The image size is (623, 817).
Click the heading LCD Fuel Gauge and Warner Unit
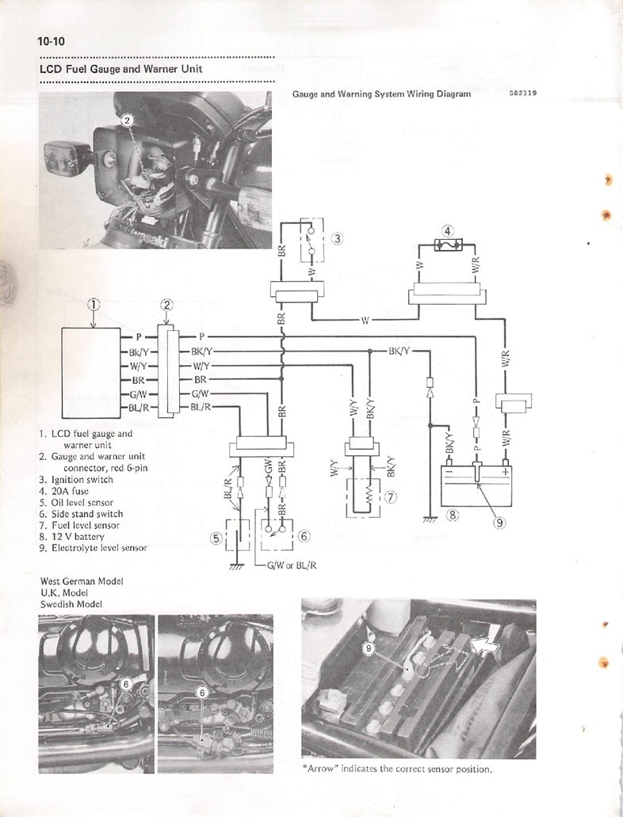(x=120, y=69)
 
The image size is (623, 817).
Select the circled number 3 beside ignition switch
(x=336, y=237)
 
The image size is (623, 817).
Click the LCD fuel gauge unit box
(x=91, y=373)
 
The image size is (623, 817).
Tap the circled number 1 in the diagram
(x=94, y=304)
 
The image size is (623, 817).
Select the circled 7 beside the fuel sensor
(x=389, y=497)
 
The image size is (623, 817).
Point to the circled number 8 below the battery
(x=453, y=515)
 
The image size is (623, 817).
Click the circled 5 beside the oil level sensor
(x=216, y=538)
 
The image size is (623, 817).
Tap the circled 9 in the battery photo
(x=368, y=648)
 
